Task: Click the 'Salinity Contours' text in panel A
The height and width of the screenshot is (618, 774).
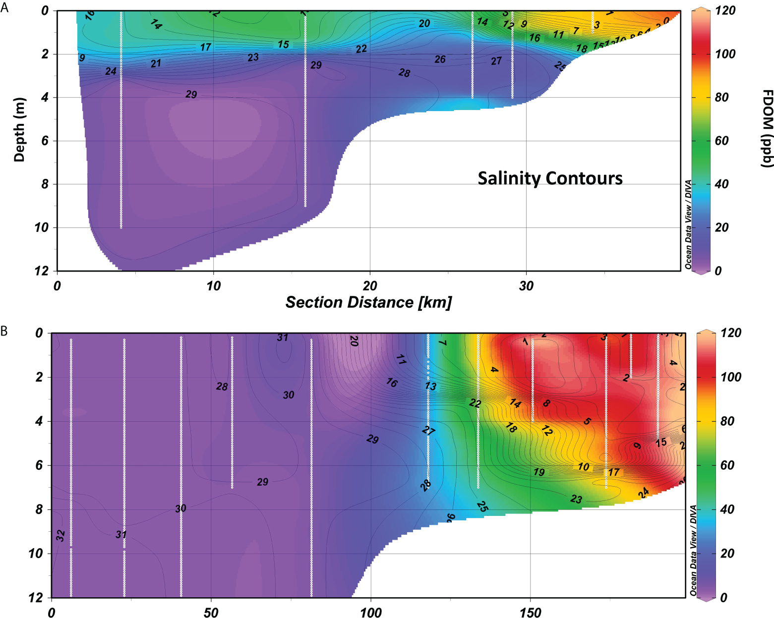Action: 550,178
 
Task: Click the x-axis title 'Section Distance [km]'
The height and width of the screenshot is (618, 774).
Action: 368,302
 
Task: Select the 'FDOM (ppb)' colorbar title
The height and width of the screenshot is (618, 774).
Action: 766,129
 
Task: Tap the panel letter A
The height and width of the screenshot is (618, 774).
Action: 4,8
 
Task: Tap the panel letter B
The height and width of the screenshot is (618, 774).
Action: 4,331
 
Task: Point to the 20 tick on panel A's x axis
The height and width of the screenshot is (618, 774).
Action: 370,286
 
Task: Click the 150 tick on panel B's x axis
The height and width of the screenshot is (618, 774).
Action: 530,613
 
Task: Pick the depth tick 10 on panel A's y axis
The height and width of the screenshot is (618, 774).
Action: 41,227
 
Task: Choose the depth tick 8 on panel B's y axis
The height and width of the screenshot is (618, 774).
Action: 39,509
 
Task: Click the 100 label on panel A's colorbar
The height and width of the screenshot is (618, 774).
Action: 725,54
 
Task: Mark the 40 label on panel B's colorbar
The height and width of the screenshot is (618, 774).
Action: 727,509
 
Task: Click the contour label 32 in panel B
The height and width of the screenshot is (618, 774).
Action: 60,535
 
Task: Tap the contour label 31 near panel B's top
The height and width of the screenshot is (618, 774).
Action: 283,337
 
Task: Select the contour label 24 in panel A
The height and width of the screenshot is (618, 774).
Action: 111,71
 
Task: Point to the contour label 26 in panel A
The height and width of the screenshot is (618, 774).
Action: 440,59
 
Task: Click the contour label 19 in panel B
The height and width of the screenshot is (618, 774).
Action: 539,472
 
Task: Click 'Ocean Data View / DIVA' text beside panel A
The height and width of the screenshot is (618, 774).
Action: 688,225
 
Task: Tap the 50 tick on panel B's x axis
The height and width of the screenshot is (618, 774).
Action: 211,613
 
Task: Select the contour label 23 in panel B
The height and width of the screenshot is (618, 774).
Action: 576,499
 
